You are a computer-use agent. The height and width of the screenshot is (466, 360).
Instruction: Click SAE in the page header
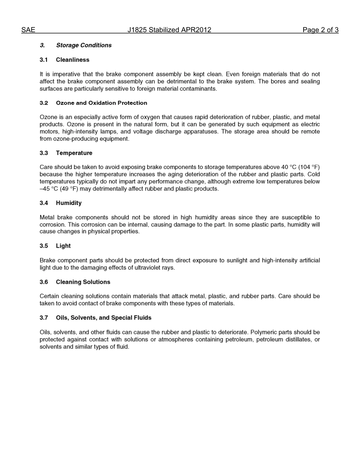point(28,30)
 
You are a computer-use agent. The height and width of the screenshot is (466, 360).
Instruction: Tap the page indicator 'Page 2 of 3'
point(320,30)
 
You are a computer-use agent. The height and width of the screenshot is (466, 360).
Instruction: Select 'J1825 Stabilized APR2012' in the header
point(169,30)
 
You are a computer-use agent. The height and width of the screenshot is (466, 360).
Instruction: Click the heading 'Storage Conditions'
point(84,45)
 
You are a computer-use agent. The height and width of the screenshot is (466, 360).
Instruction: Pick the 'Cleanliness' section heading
point(72,60)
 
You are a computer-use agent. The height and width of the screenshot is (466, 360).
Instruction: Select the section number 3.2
point(44,103)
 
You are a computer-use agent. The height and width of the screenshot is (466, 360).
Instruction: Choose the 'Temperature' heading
point(74,153)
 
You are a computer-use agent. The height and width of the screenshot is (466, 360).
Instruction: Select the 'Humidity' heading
point(69,203)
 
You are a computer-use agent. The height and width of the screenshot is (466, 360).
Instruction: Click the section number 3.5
point(44,246)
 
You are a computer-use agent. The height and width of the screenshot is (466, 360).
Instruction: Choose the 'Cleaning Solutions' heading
point(83,282)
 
